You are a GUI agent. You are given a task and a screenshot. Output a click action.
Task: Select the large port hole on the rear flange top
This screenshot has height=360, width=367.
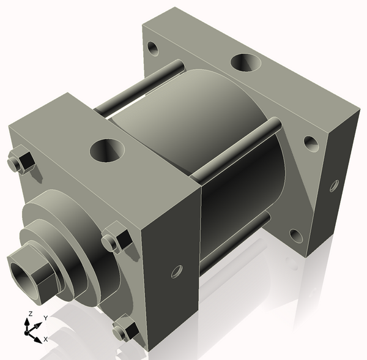point(245,62)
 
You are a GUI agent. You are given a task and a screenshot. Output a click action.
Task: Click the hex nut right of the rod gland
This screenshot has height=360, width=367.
point(116,240)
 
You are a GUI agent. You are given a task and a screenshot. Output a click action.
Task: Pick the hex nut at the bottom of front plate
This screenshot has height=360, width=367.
point(125,328)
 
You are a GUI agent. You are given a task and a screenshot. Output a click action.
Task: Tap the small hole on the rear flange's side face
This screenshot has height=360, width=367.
point(333,184)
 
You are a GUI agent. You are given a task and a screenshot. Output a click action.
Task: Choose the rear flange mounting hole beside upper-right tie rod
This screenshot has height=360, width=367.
point(311,143)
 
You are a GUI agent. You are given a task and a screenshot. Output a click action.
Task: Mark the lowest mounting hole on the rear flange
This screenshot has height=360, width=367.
point(296,236)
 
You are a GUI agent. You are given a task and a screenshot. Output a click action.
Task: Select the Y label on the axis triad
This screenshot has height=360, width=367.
point(45,318)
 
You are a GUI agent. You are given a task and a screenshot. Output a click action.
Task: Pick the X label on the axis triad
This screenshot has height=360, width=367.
point(45,339)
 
